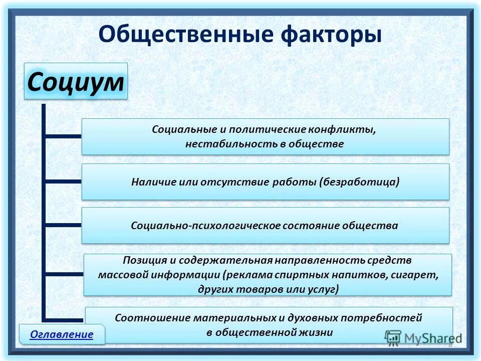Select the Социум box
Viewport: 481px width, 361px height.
pos(76,81)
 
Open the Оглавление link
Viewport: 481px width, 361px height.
pos(62,334)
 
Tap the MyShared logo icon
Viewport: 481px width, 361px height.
pos(394,337)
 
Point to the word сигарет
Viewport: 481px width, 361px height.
pos(420,275)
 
